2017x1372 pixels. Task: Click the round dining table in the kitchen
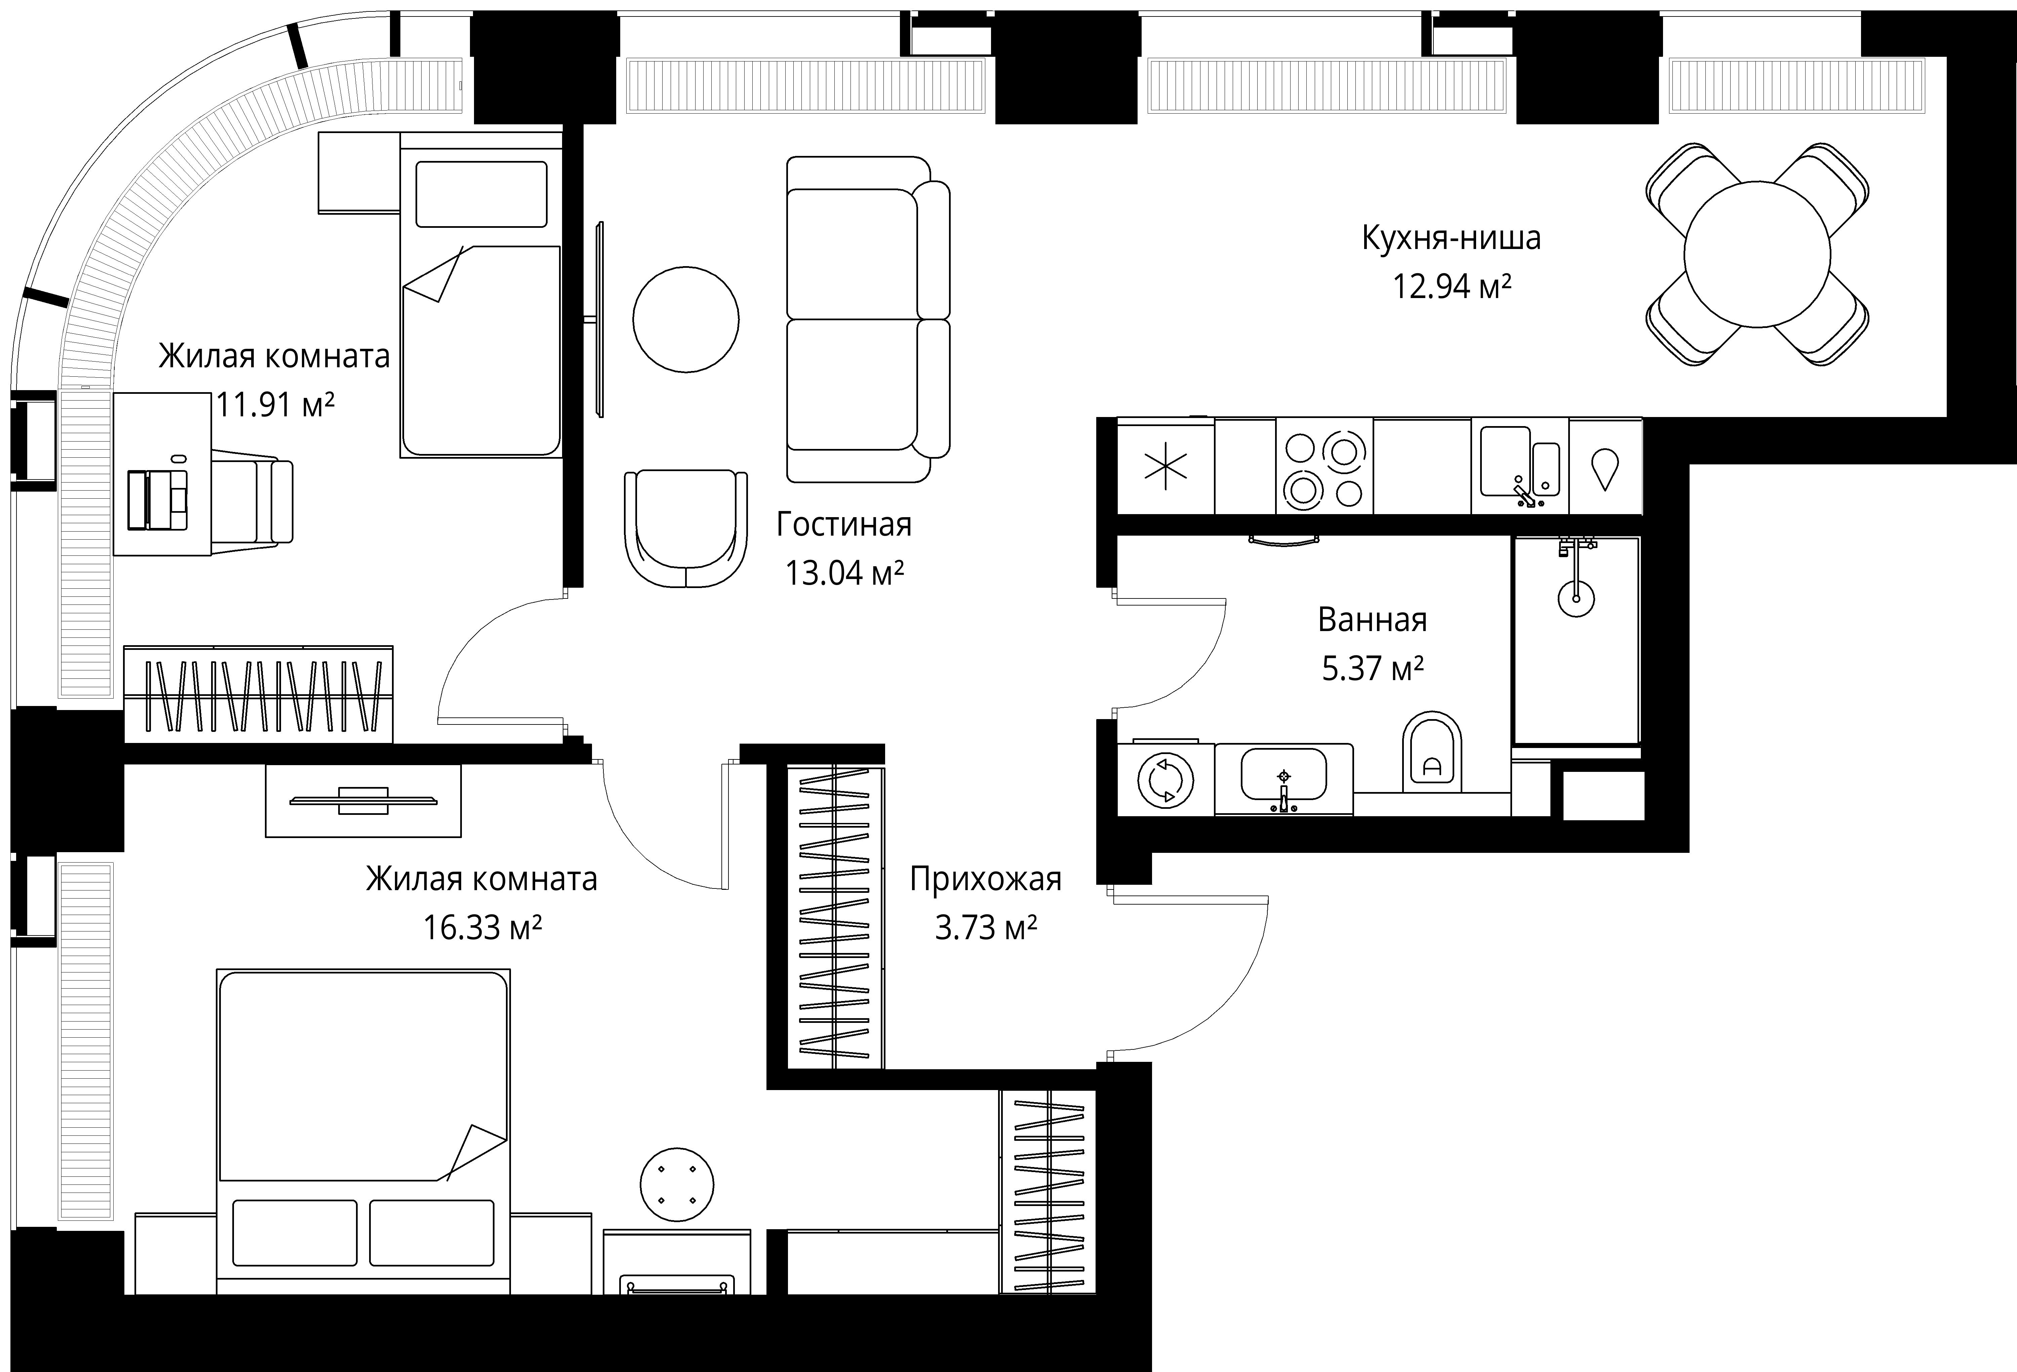coord(1756,254)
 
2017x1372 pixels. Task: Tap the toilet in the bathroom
coord(1432,751)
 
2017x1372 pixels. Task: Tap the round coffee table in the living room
coord(686,319)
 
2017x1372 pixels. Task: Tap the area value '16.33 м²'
coord(482,928)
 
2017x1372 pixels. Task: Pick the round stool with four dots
coord(677,1184)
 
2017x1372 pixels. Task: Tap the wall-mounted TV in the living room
coord(600,319)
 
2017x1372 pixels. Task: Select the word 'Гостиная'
coord(843,524)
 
